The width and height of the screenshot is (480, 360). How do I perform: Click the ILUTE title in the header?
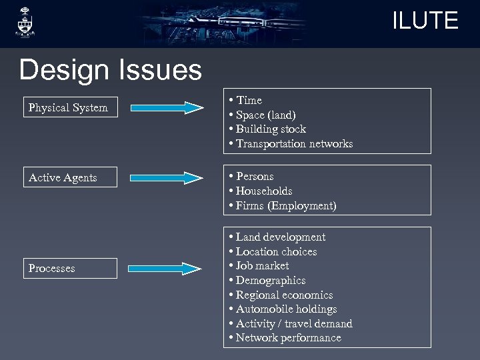point(425,21)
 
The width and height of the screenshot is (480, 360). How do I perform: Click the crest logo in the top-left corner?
point(25,23)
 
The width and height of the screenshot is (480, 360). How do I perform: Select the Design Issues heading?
point(110,69)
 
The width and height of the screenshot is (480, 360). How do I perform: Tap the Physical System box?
point(70,107)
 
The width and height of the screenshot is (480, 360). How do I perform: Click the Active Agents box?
point(70,177)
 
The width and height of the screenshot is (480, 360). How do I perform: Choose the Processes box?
point(70,268)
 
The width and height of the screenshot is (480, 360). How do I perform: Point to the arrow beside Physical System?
point(167,107)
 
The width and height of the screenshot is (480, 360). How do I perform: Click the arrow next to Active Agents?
point(167,177)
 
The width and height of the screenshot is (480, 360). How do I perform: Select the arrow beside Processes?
point(167,269)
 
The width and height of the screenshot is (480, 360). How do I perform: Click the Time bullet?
point(248,100)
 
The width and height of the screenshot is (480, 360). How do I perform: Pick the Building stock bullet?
point(270,129)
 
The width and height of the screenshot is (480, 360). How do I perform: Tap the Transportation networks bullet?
point(293,144)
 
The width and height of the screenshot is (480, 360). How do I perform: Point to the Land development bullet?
point(280,237)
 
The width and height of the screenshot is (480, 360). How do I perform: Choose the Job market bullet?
point(262,266)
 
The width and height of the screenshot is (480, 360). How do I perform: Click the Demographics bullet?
point(270,281)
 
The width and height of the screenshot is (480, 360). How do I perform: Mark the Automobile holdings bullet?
point(286,309)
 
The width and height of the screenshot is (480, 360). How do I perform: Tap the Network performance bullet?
point(288,338)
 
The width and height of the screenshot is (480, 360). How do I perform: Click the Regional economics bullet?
point(284,295)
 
